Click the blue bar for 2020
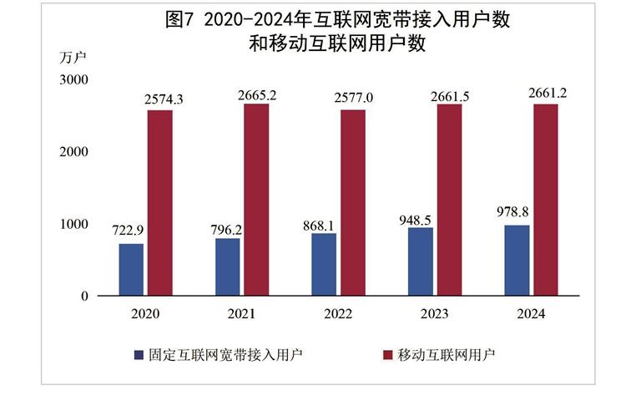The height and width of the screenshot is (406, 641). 131,269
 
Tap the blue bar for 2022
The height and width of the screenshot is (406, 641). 324,264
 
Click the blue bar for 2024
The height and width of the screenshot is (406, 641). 517,260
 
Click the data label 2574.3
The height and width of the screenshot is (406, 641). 164,99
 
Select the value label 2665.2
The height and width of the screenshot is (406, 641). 256,94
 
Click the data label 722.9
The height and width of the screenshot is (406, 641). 129,233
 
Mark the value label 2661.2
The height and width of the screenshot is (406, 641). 548,94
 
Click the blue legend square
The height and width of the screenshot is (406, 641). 139,354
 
